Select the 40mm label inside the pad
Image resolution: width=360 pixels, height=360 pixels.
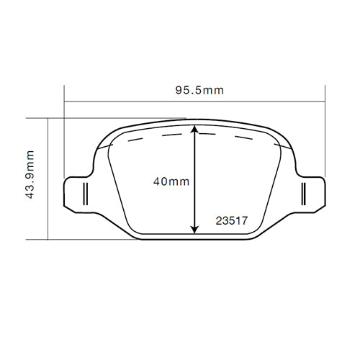(x=171, y=181)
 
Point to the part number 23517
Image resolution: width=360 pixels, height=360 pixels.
(x=232, y=222)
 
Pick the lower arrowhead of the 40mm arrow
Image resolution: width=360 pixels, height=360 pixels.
(x=194, y=228)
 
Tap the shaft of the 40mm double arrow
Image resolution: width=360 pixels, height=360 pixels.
(x=194, y=202)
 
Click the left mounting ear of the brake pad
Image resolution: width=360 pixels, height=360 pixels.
(x=78, y=193)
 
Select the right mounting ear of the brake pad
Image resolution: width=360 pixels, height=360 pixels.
(x=310, y=193)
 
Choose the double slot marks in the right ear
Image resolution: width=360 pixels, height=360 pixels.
(x=305, y=193)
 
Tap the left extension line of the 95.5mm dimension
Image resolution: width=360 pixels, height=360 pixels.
(x=64, y=137)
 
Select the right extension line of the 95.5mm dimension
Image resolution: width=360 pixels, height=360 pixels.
(x=325, y=137)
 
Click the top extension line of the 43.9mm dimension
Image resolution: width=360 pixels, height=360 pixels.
(x=108, y=118)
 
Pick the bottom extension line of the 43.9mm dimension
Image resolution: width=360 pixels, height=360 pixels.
(x=86, y=239)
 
